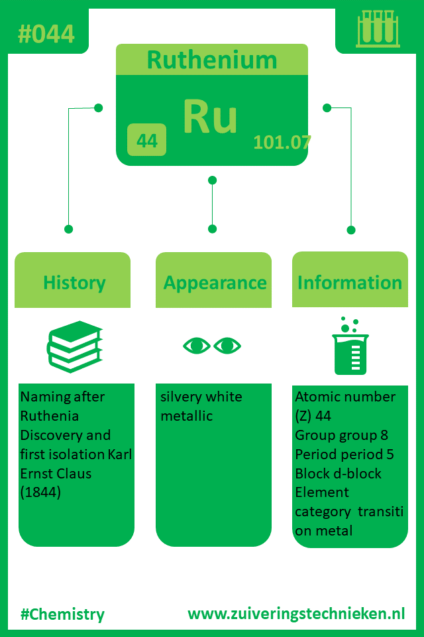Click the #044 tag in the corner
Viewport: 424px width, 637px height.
[x=46, y=34]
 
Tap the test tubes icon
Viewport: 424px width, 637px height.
[x=378, y=30]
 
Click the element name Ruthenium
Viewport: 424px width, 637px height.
[x=211, y=60]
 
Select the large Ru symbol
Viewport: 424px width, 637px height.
[x=210, y=117]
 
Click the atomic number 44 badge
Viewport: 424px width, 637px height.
[x=146, y=141]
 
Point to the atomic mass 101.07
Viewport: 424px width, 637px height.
[x=282, y=142]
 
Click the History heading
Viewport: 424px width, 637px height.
[x=74, y=283]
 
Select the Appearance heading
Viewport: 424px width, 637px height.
[x=215, y=283]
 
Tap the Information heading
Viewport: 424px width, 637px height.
[x=350, y=283]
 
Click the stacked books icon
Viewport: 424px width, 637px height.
[x=75, y=346]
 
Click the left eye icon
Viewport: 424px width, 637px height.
[x=196, y=346]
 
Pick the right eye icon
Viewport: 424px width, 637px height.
[x=228, y=346]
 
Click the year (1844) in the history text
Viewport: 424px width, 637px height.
[x=40, y=493]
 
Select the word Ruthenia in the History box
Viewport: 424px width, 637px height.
[x=50, y=416]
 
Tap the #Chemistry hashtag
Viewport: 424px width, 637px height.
[x=62, y=614]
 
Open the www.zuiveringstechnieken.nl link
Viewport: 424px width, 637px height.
[x=296, y=613]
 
